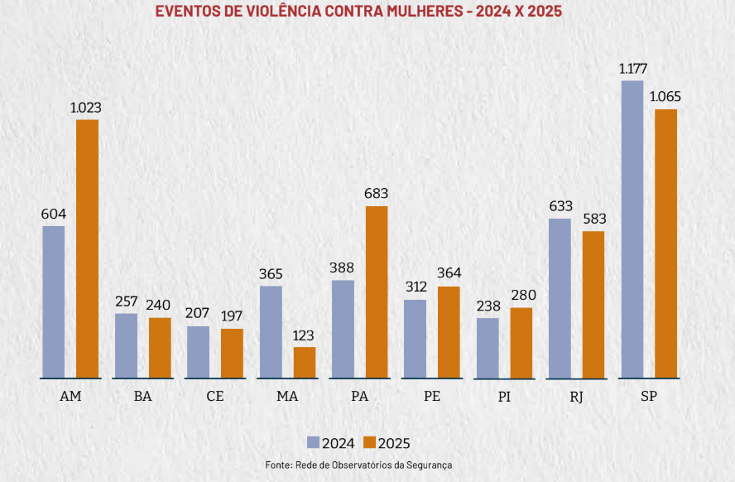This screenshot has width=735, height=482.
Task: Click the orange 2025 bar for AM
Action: point(87,248)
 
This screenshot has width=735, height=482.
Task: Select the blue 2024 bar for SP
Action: point(632,229)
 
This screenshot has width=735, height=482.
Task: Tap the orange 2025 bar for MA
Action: point(305,362)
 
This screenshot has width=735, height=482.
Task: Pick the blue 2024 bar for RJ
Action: point(560,298)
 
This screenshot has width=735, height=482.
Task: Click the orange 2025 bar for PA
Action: point(377,292)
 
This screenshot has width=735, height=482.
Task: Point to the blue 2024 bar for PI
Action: point(488,348)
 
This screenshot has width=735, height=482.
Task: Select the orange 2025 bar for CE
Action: point(232,353)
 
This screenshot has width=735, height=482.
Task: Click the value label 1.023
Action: point(86,108)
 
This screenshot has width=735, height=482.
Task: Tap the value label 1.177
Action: point(633,68)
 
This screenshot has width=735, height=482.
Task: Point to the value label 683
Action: point(376,194)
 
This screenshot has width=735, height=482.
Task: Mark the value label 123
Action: point(305,335)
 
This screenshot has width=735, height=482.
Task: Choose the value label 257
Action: point(127,301)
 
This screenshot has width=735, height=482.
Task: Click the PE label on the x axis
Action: point(431,396)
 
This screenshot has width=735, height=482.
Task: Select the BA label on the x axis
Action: point(142,396)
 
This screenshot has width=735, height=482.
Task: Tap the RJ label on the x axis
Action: point(576,397)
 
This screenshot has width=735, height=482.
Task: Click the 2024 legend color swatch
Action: point(314,442)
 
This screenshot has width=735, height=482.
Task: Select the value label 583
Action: point(594,219)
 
